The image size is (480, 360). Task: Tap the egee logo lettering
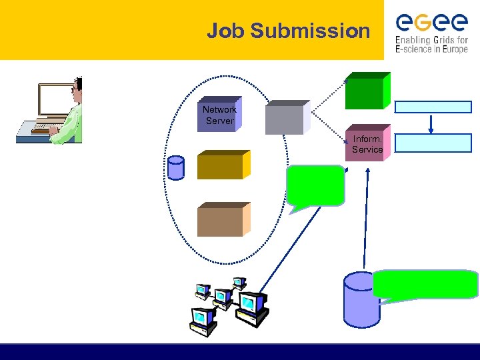(x=431, y=23)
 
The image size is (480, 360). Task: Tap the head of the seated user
(x=77, y=87)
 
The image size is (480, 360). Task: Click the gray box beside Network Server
(x=285, y=119)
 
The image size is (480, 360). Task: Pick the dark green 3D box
(x=365, y=93)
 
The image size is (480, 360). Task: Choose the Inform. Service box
(x=367, y=145)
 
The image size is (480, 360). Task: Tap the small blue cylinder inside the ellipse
(x=176, y=168)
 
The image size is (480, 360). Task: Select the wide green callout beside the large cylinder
(x=425, y=284)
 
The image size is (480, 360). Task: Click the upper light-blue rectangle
(x=433, y=107)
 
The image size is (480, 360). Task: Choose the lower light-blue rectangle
(x=433, y=143)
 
